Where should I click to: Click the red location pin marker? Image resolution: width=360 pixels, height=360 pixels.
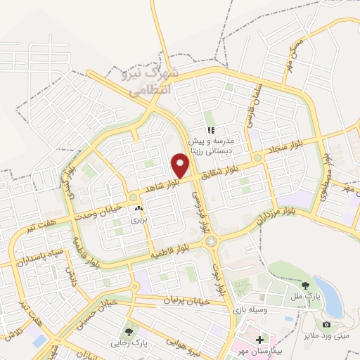181,164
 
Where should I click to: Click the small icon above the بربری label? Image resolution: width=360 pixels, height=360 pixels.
138,209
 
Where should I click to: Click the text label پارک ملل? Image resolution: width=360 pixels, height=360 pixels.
307,296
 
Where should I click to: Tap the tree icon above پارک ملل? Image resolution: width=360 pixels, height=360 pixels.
306,285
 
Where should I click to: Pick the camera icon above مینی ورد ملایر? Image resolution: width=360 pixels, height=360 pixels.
326,323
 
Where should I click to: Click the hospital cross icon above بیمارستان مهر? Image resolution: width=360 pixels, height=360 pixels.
259,340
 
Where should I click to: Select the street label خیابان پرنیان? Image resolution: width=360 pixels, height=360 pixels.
167,300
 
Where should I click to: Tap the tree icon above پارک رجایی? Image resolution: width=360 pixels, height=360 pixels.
129,332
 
